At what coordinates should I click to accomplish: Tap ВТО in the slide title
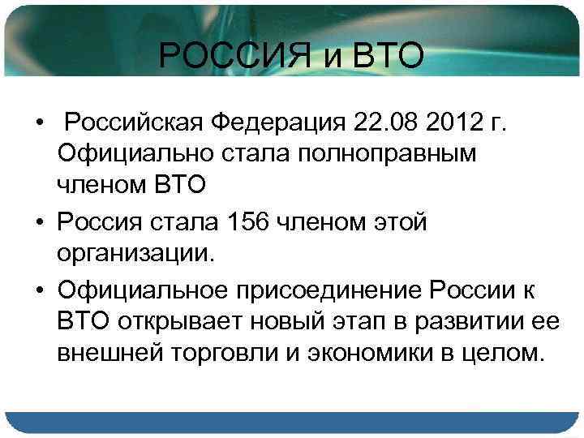(x=384, y=57)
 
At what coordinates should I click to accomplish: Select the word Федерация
(x=278, y=122)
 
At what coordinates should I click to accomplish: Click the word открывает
(x=170, y=323)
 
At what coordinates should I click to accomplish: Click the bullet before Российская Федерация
(x=39, y=123)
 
